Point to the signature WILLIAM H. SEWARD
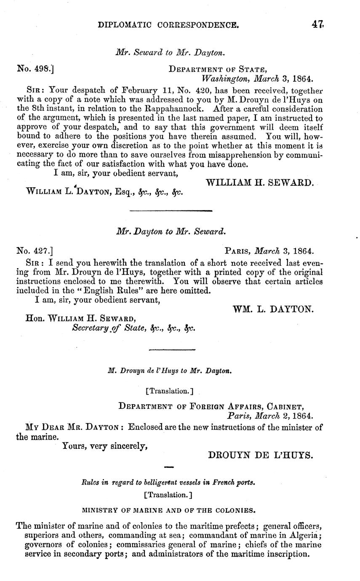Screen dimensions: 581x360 tap(260, 182)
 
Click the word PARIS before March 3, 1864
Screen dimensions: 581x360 tap(239, 251)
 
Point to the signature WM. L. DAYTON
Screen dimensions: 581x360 tap(273, 309)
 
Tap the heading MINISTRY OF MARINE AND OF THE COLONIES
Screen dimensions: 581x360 tap(169, 511)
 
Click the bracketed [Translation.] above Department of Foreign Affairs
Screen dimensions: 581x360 tap(169, 391)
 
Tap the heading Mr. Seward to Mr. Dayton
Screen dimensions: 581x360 tap(171, 53)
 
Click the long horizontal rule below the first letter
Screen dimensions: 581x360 tap(171, 211)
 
